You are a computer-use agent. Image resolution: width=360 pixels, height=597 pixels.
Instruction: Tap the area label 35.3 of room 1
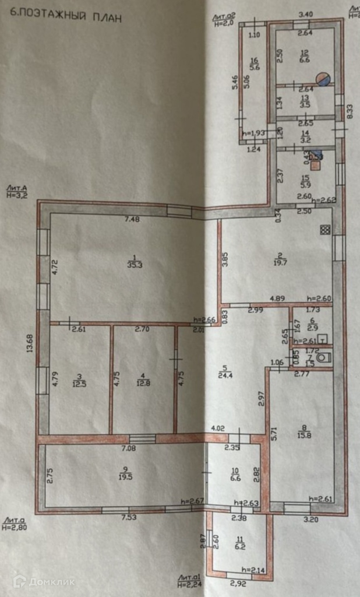pos(135,264)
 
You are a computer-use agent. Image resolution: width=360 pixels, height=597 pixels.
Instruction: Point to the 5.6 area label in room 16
pos(254,67)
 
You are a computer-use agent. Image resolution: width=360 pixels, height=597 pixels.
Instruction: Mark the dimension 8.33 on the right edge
pos(350,111)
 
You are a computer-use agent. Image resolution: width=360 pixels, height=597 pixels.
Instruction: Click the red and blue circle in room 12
pos(322,79)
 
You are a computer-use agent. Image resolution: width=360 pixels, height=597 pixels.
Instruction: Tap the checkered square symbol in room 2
pos(325,230)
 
